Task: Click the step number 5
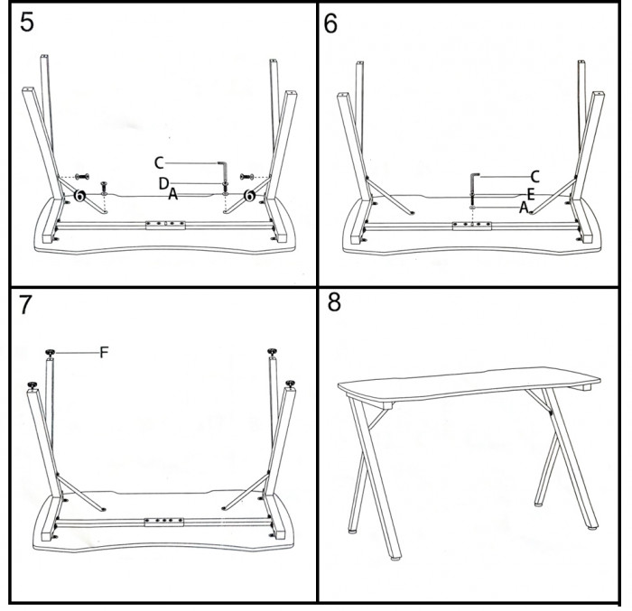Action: point(27,22)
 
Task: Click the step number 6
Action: point(330,23)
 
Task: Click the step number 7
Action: point(25,305)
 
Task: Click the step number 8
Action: point(334,301)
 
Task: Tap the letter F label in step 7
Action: point(104,353)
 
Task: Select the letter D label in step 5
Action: point(163,184)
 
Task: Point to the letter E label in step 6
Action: point(531,195)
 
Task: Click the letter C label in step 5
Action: point(159,162)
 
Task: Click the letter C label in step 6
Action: point(534,177)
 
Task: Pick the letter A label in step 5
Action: point(172,194)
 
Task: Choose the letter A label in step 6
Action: point(523,208)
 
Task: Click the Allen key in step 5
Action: point(223,171)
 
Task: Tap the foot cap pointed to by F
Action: point(50,353)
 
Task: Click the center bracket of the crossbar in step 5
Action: point(165,225)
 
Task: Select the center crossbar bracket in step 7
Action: point(164,522)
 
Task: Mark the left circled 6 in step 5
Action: point(80,196)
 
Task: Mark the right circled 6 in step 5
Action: point(250,196)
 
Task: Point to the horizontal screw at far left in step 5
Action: point(82,177)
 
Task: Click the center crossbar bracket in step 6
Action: point(472,226)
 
